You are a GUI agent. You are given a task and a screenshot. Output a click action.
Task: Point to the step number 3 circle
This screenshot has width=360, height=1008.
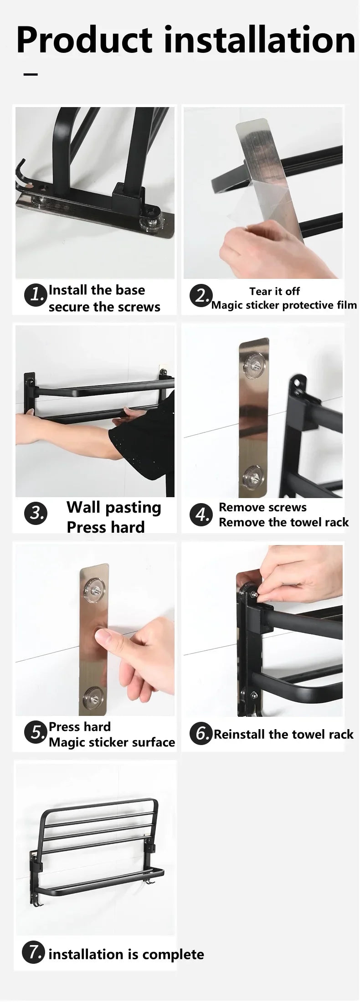click(x=36, y=513)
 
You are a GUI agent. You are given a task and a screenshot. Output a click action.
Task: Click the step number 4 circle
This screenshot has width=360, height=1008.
click(x=201, y=514)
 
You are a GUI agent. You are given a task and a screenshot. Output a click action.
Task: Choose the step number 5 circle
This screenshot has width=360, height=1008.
click(x=36, y=732)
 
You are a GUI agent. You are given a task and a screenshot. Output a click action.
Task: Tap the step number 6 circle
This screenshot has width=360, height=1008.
click(x=201, y=734)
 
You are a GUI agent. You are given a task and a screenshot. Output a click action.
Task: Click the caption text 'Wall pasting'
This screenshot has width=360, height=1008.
click(x=114, y=508)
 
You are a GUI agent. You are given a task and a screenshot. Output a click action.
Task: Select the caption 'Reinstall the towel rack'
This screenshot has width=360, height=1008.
click(x=283, y=734)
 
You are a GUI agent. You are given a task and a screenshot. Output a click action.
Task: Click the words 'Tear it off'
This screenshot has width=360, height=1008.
click(x=274, y=291)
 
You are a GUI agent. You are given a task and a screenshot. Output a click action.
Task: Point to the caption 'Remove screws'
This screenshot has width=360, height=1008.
click(x=262, y=507)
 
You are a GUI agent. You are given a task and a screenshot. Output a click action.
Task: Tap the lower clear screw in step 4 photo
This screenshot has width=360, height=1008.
click(x=252, y=475)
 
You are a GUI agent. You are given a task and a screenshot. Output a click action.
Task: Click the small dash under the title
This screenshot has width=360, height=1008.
click(x=31, y=74)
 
